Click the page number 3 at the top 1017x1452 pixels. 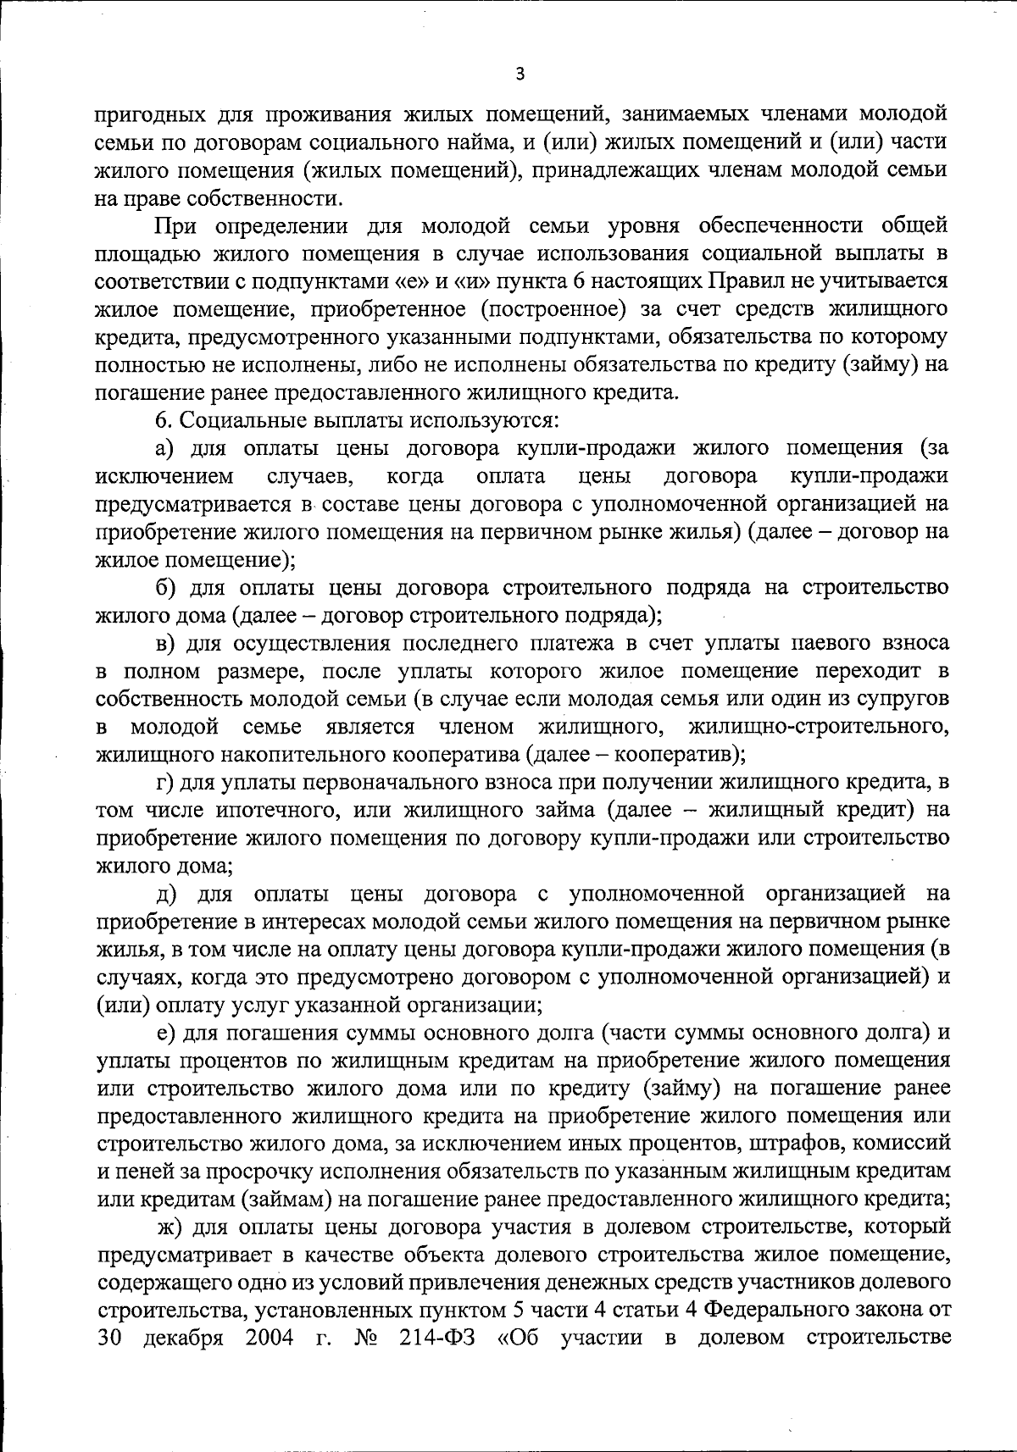point(520,75)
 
